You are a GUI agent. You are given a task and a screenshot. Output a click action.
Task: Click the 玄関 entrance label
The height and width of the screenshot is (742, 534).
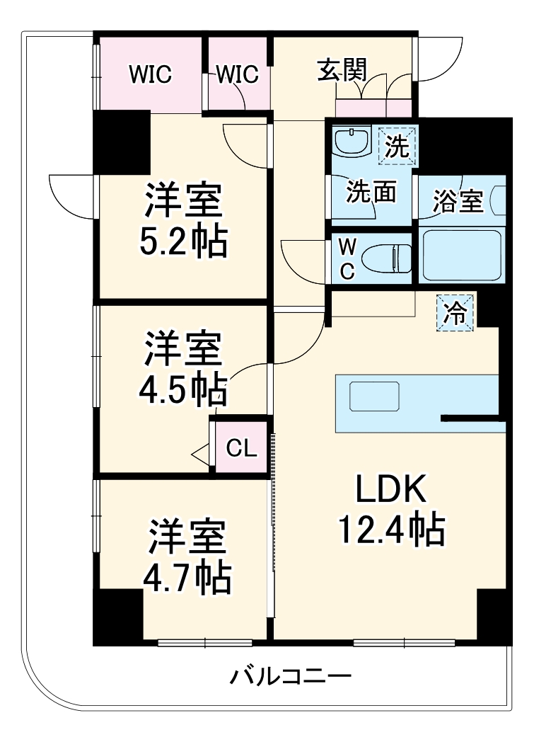pos(342,71)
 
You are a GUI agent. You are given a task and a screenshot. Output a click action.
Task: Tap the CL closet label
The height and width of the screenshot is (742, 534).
pos(241,447)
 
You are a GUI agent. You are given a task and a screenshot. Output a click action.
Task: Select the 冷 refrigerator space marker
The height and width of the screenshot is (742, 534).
pos(455,313)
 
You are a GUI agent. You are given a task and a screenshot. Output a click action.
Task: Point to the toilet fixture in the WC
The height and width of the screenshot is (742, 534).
pos(386,258)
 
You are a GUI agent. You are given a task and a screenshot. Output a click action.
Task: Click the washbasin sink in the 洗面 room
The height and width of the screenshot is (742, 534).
pos(352,141)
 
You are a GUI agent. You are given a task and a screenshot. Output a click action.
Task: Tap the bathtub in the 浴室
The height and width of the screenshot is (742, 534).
pos(462,256)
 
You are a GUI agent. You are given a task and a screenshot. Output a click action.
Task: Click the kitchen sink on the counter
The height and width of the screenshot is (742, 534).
pos(374,396)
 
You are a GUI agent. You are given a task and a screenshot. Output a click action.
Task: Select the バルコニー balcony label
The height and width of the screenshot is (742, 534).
pos(290,676)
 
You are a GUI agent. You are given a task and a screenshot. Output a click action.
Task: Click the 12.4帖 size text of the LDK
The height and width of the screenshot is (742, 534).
pos(391,530)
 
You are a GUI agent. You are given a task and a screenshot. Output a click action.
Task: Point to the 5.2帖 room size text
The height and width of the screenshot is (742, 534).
pos(183,242)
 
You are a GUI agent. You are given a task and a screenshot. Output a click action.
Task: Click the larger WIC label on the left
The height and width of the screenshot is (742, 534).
pos(151,74)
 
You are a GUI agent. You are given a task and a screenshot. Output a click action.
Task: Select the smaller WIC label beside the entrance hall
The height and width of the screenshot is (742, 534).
pos(238,74)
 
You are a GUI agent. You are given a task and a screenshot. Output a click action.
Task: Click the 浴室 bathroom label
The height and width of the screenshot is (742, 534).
pos(458,201)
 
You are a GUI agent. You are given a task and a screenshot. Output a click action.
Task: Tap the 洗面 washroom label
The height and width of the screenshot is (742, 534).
pos(371,192)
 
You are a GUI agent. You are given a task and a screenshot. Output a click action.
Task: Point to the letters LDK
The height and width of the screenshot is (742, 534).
pos(391,489)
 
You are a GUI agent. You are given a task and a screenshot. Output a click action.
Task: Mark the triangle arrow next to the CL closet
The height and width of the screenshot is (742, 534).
pos(200,455)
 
